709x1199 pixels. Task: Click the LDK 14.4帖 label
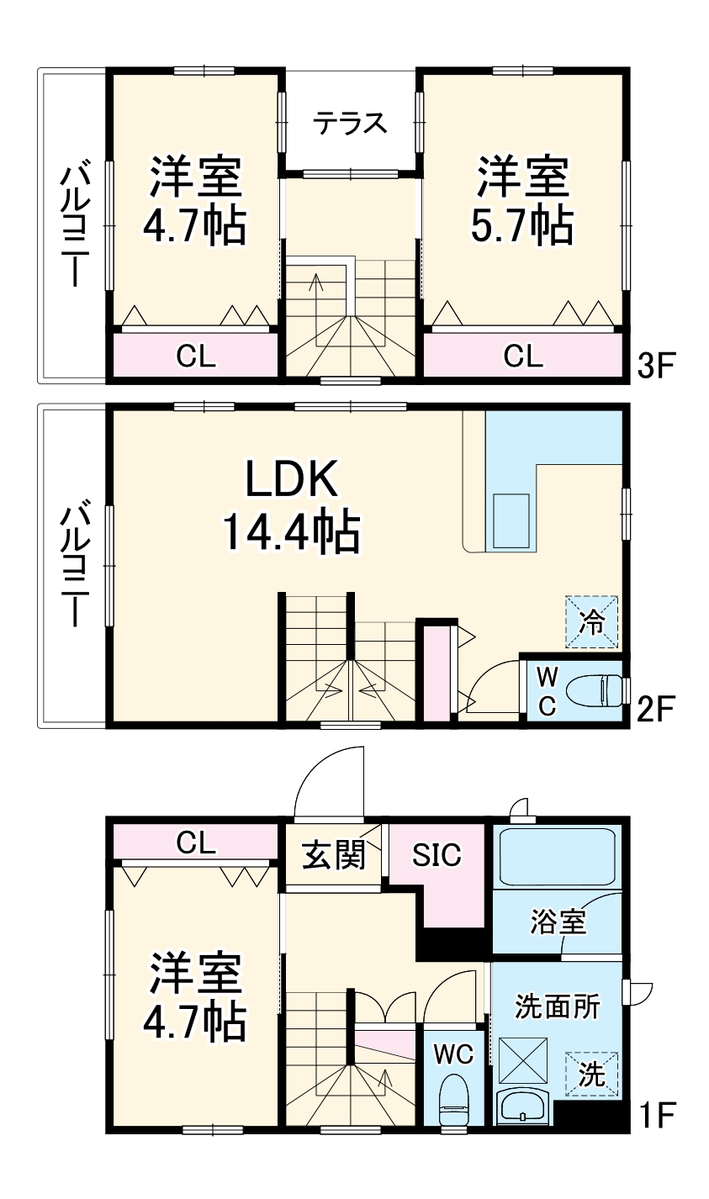coord(291,505)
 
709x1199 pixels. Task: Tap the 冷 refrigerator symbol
coord(592,622)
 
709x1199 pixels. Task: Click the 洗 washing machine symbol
coord(592,1075)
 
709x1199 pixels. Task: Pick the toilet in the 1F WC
coord(455,1096)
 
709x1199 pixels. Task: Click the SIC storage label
coord(437,854)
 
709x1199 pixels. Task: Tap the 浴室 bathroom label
coord(558,922)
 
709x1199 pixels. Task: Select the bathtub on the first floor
coord(557,857)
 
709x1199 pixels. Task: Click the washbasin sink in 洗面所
coord(522,1107)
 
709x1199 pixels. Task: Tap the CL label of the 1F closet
coord(196,842)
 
